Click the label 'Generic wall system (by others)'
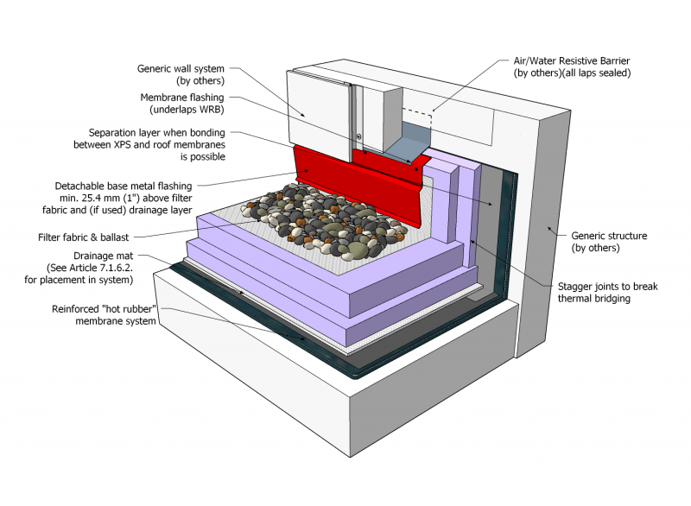(x=181, y=75)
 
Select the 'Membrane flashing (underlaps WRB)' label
(x=182, y=104)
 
